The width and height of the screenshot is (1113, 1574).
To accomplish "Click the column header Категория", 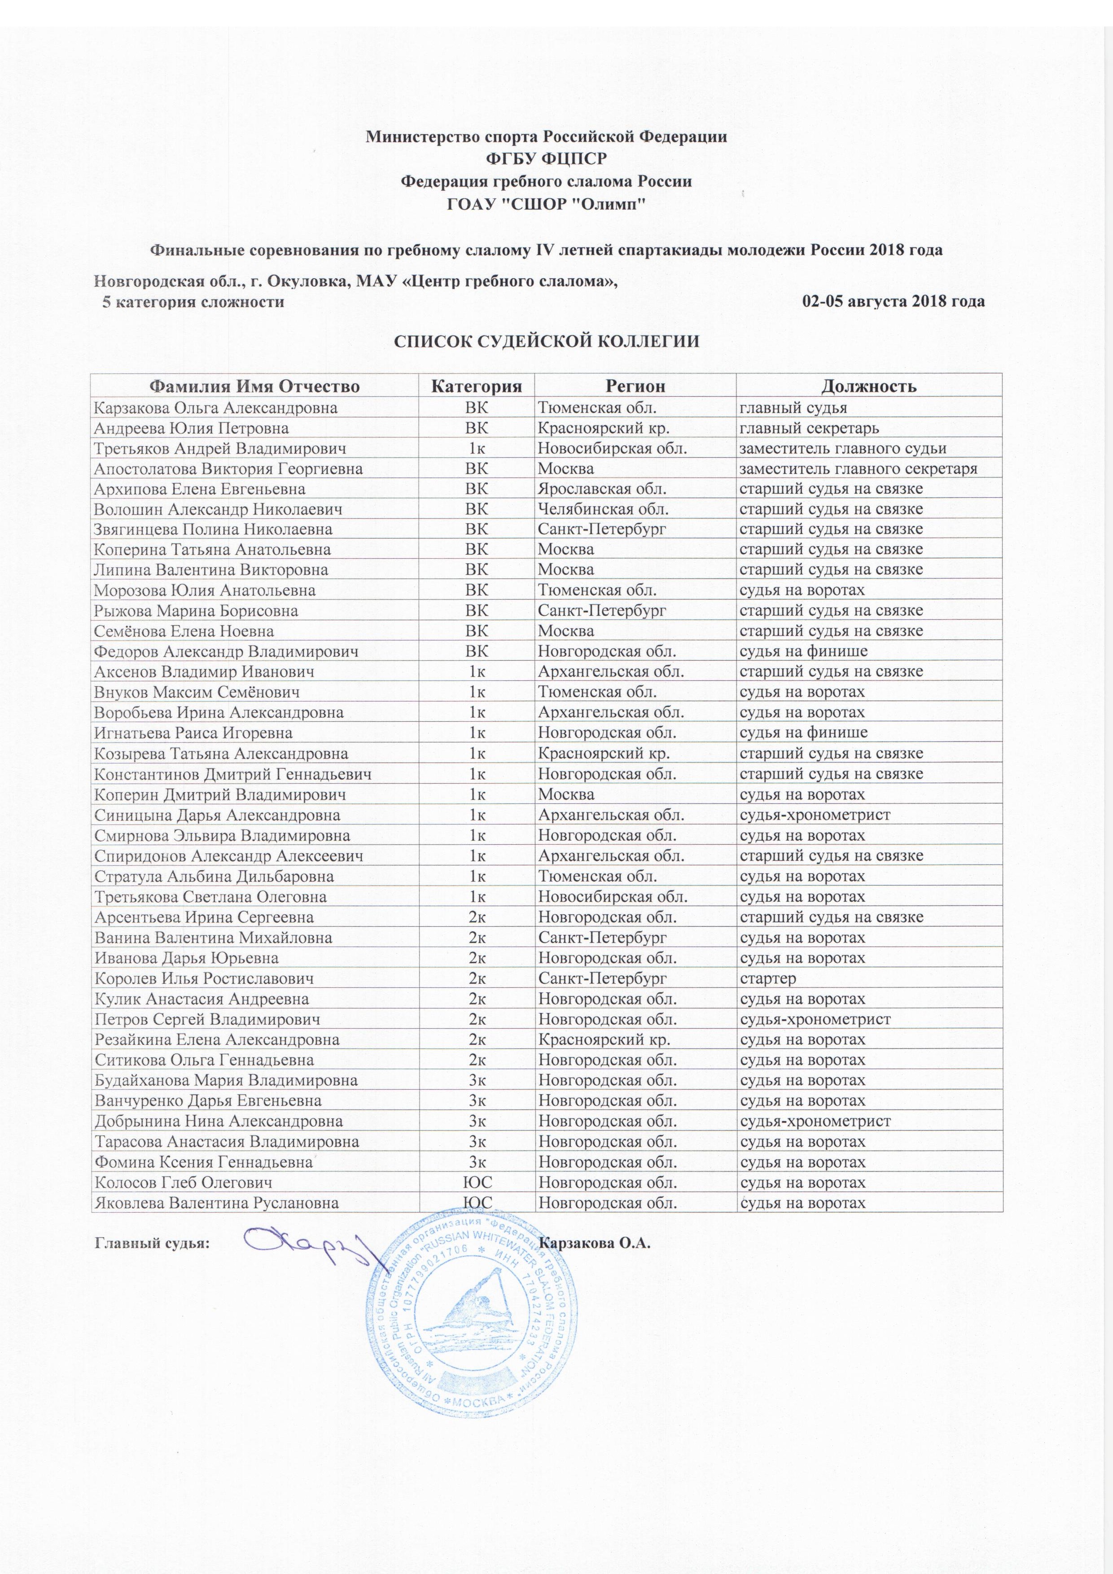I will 476,386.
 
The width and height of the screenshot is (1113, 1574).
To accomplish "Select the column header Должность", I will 869,386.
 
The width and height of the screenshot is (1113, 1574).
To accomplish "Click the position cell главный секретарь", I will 809,429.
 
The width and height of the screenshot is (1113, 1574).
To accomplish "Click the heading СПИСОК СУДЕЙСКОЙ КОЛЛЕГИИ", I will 546,342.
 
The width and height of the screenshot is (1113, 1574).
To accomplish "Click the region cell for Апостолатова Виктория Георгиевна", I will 565,469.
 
